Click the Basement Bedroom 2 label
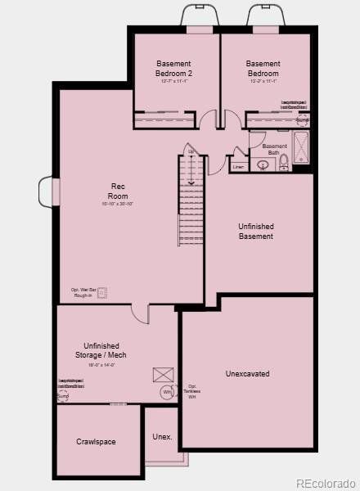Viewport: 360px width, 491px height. tap(173, 68)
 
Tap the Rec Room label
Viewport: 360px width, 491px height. tap(118, 191)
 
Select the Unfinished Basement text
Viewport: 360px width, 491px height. tap(256, 231)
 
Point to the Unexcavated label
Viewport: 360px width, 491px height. tap(247, 374)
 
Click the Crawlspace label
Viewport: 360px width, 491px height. tap(96, 442)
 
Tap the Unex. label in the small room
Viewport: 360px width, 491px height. tap(162, 437)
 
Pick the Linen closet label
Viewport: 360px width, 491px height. tap(238, 167)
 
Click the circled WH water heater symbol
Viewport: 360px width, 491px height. tap(167, 393)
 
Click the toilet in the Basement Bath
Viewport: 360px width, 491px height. tap(284, 162)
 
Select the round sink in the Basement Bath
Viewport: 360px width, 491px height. tap(263, 164)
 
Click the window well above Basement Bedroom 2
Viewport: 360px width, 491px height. tap(200, 17)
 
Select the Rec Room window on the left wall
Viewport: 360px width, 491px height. tap(45, 192)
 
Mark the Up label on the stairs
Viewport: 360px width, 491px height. tap(191, 151)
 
